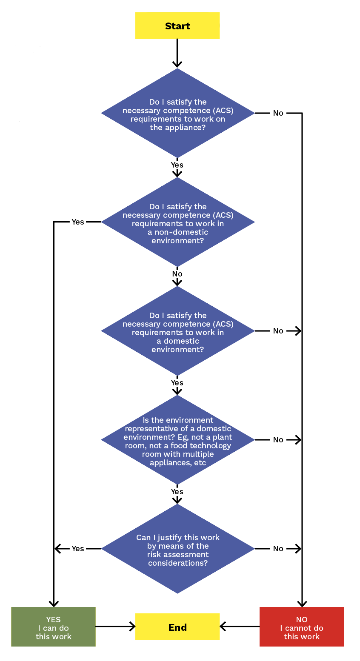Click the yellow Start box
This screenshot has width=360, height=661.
coord(177,26)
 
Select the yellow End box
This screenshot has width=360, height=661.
coord(177,627)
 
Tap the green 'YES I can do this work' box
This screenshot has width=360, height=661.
coord(53,627)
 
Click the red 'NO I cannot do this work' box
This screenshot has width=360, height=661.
coord(301,627)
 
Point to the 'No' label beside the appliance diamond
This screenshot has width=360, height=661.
coord(278,113)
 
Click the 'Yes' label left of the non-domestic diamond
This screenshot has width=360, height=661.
coord(78,222)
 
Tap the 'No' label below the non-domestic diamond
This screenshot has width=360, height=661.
coord(177,274)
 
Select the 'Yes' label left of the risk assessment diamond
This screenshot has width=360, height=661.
coord(78,549)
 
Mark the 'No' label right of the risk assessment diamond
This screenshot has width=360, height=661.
coord(278,549)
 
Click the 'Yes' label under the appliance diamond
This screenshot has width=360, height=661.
coord(177,165)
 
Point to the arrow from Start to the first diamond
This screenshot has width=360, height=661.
coord(177,53)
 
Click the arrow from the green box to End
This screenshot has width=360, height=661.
coord(115,626)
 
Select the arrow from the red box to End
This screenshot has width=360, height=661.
coord(240,626)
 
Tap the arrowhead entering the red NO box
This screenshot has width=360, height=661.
coord(302,603)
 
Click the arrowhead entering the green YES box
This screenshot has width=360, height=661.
coord(54,603)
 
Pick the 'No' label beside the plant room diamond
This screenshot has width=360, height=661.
coord(278,440)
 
